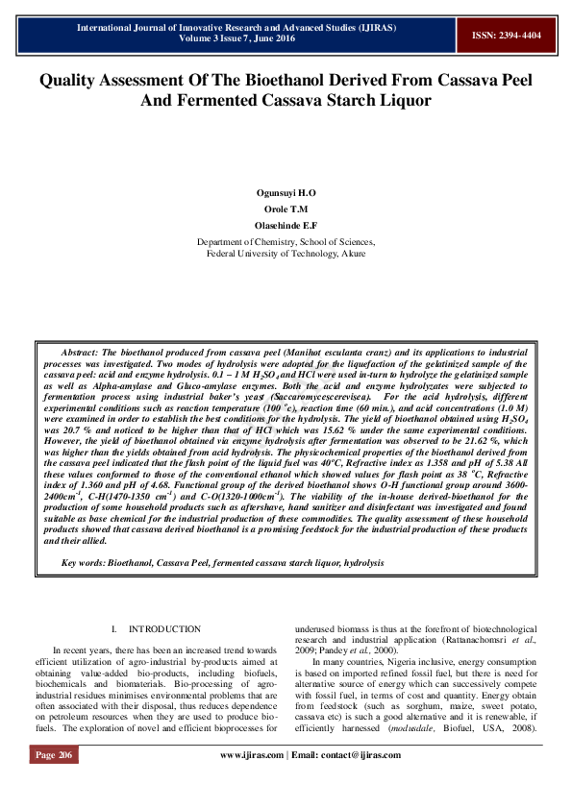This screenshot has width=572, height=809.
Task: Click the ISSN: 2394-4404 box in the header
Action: pyautogui.click(x=506, y=36)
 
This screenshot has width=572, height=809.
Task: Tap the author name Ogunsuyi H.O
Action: pyautogui.click(x=286, y=193)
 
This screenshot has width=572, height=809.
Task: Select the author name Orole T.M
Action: pyautogui.click(x=286, y=208)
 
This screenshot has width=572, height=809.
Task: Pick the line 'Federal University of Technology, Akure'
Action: pyautogui.click(x=286, y=254)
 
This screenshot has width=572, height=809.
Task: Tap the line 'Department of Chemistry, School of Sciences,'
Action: pyautogui.click(x=286, y=242)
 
